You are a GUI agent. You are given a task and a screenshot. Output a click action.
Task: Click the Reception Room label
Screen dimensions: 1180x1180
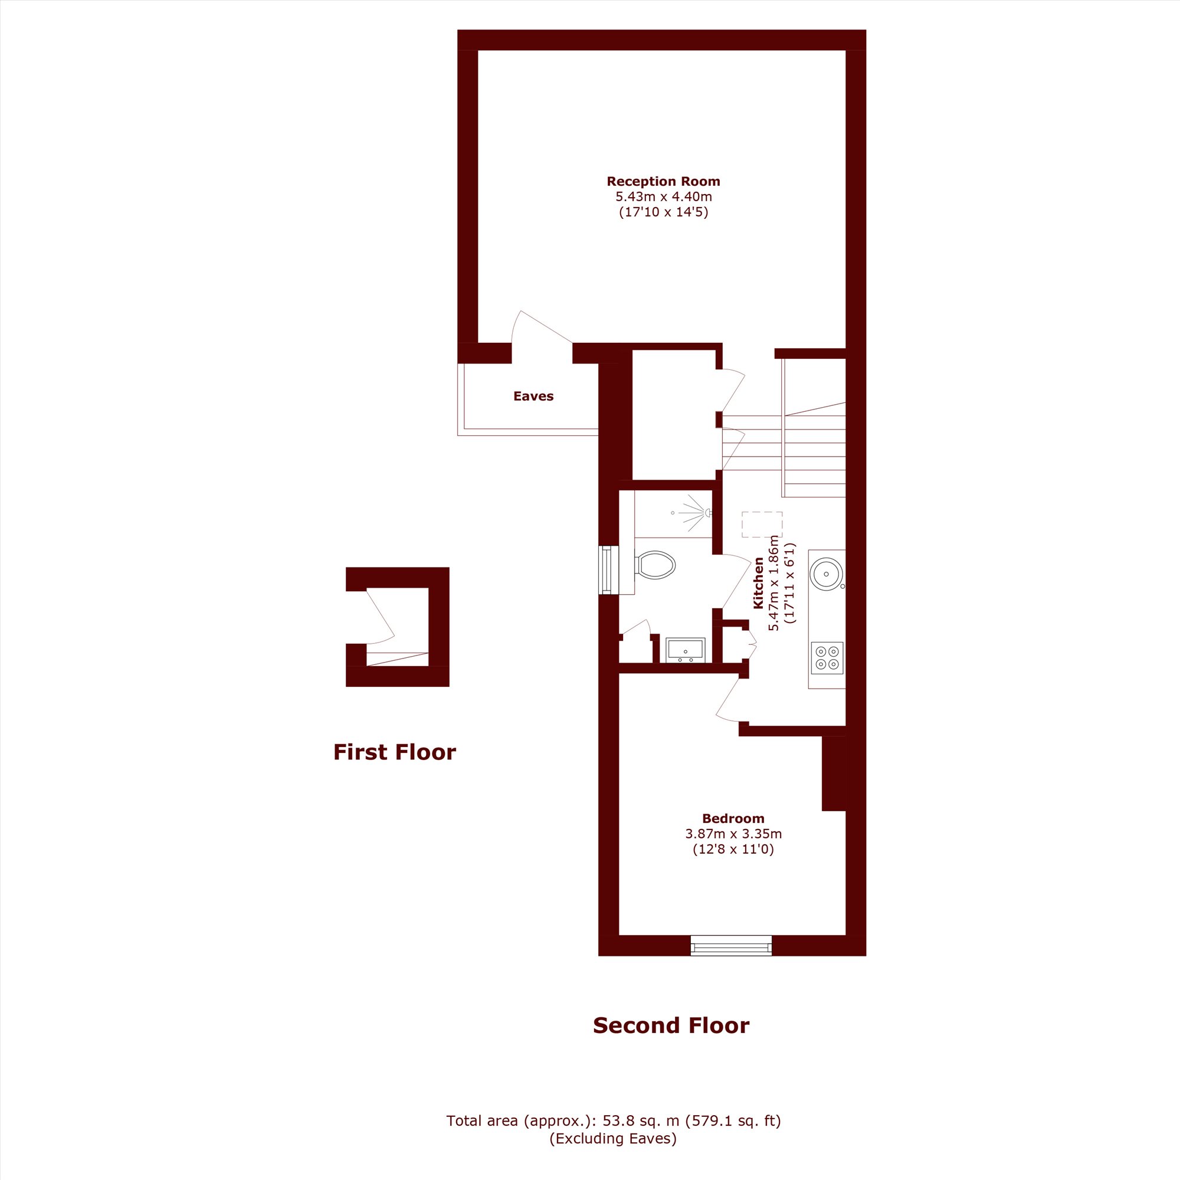pos(663,181)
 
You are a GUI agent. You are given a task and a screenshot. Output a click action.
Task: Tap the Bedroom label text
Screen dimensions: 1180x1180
pos(733,818)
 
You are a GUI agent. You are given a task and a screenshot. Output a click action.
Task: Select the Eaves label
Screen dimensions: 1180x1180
pos(533,396)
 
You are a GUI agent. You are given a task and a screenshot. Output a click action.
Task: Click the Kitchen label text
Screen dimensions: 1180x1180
pos(759,583)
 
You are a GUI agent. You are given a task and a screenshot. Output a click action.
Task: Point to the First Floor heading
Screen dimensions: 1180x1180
pos(395,752)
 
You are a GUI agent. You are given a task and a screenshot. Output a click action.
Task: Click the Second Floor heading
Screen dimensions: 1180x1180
pos(671,1025)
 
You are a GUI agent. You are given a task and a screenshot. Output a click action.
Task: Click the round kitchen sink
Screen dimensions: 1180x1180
pos(827,574)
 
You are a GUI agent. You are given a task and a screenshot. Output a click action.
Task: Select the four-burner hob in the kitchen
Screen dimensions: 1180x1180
pos(828,657)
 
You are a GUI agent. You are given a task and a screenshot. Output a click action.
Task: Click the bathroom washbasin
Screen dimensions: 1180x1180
pos(685,650)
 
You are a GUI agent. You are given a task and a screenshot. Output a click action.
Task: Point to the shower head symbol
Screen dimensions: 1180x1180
pos(696,513)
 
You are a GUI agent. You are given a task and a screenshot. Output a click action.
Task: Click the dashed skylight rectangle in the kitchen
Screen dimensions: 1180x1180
pos(762,525)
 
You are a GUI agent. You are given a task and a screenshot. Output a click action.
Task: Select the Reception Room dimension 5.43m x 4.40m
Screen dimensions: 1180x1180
pos(663,196)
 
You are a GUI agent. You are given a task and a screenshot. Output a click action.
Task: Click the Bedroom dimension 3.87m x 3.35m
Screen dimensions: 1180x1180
pos(733,834)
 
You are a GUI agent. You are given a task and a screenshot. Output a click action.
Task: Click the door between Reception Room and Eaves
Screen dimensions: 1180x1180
pos(541,330)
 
